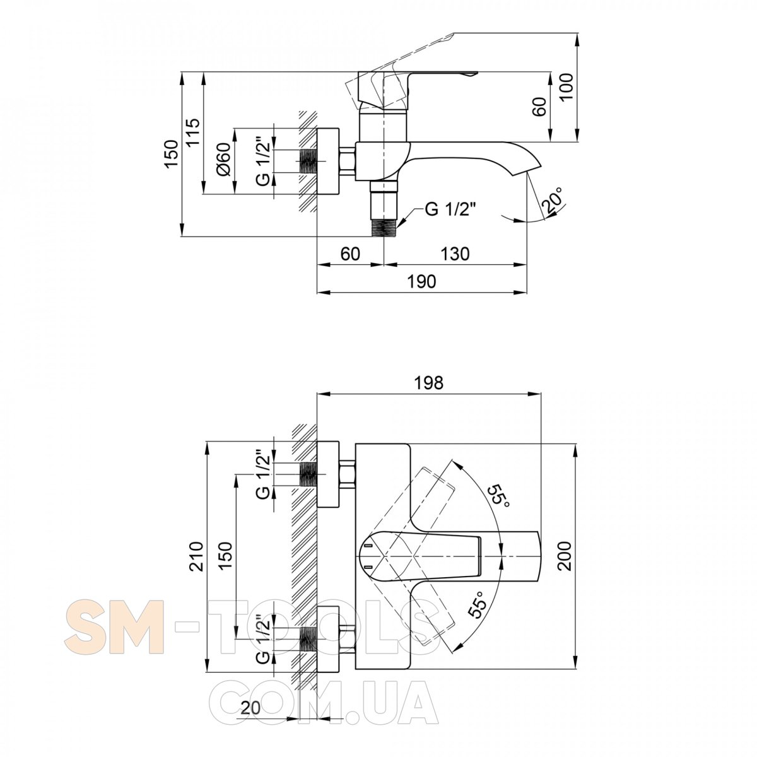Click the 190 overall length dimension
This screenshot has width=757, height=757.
point(421,281)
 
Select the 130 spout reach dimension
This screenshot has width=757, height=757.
point(454,254)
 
